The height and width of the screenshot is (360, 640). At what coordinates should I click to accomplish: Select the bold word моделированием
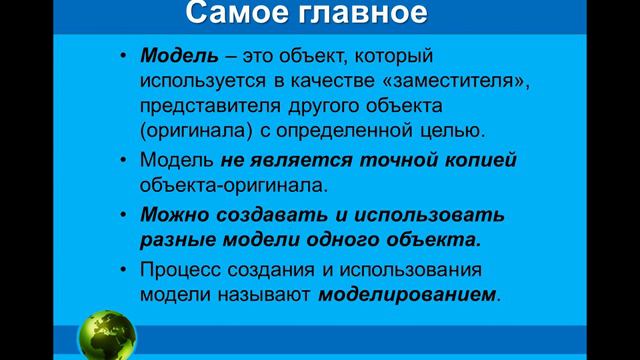click(x=407, y=295)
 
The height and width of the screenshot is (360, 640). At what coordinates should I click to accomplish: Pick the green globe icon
click(x=111, y=333)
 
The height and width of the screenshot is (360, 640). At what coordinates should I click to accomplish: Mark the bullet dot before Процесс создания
click(x=122, y=270)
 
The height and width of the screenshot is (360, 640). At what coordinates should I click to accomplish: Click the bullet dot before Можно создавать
click(x=122, y=215)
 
